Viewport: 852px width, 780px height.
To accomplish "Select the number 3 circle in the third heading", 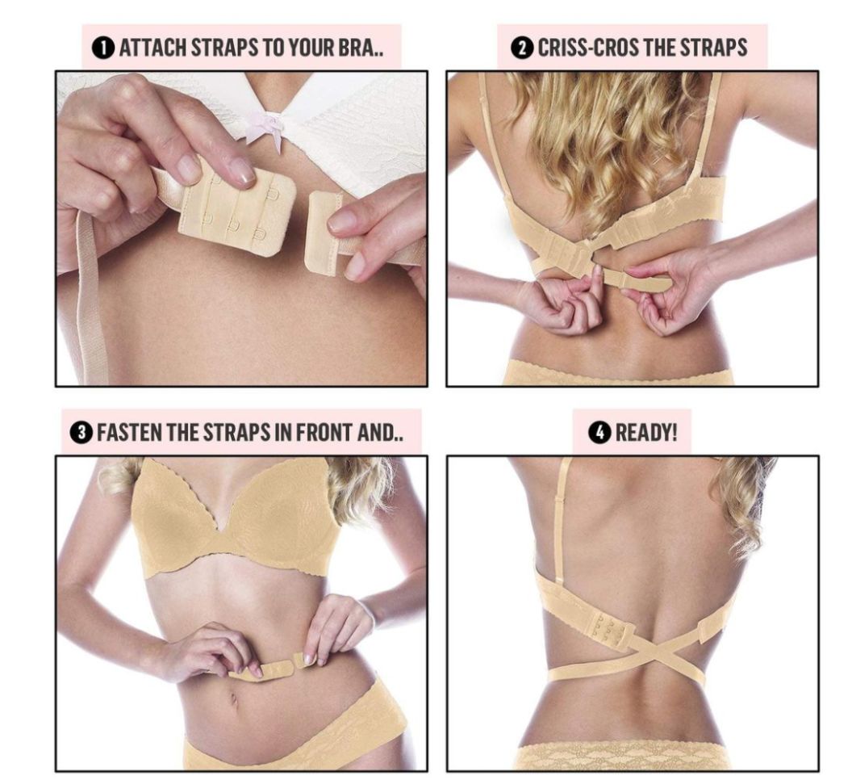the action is click(x=81, y=434).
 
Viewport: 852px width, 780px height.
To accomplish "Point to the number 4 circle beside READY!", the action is click(x=598, y=434).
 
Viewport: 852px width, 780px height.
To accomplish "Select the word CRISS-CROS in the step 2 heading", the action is click(x=588, y=48).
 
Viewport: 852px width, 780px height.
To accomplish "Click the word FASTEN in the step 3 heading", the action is click(x=129, y=434).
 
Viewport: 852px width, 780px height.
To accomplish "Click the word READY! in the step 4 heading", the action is click(x=646, y=434).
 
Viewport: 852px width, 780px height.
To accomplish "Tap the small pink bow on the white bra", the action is click(x=265, y=128).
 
